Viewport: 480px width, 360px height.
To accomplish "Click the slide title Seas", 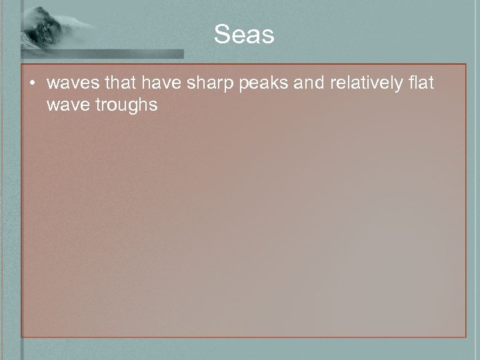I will pos(244,35).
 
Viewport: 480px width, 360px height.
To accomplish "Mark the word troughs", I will pos(125,105).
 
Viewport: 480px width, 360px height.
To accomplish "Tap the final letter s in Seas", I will pos(268,35).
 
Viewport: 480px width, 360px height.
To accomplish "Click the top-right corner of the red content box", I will pos(465,65).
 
